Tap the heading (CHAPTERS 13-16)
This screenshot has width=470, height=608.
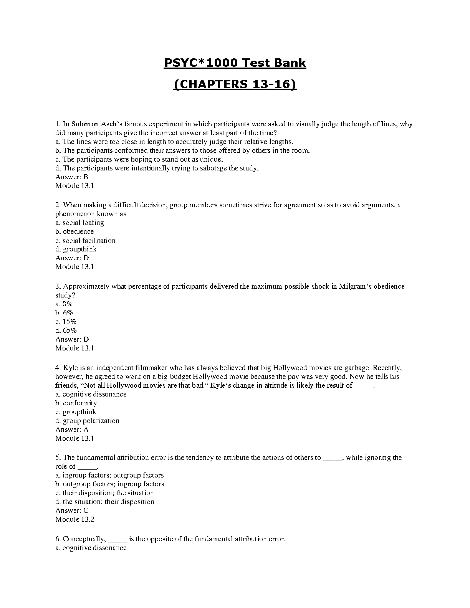(x=235, y=84)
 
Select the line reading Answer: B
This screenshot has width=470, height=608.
(x=72, y=177)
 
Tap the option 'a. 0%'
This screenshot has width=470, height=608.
(x=64, y=304)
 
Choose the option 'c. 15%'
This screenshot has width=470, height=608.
(x=66, y=322)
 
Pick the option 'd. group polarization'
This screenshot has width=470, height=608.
(x=87, y=421)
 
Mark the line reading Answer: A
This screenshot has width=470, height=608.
(x=72, y=430)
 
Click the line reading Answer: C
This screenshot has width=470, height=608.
(x=72, y=511)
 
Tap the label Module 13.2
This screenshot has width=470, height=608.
(x=75, y=519)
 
